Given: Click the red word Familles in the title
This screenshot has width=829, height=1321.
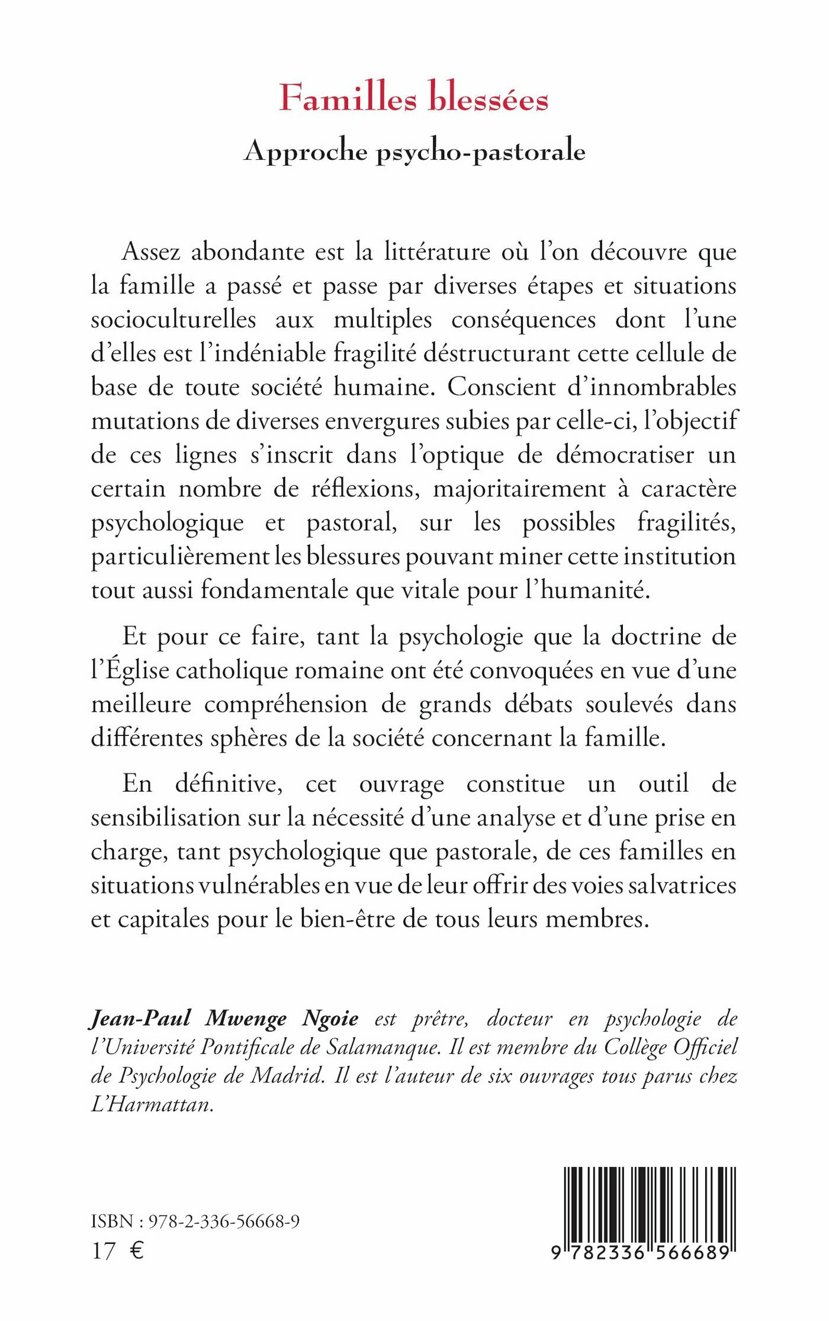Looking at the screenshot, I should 348,98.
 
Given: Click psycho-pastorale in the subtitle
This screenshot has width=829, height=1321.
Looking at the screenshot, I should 481,153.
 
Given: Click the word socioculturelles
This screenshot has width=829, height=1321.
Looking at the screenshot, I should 173,320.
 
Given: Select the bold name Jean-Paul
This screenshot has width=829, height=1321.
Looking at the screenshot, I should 140,1018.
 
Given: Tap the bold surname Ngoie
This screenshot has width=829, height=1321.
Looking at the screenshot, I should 330,1018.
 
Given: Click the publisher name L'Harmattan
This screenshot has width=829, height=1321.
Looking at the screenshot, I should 152,1104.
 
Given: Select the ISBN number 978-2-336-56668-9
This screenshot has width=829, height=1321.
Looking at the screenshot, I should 224,1221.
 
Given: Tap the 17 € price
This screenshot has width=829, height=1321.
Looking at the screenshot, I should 118,1251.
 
